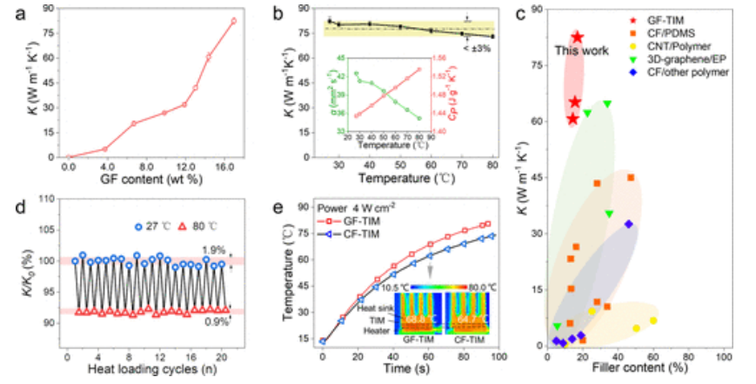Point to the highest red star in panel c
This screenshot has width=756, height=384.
[577, 37]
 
